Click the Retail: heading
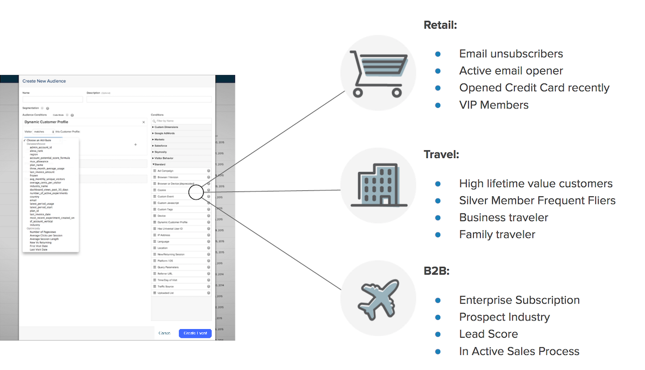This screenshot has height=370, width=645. click(440, 25)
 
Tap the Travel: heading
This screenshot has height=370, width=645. click(441, 155)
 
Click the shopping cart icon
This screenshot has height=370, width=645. click(378, 73)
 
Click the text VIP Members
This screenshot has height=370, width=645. click(494, 105)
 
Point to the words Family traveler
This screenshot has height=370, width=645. click(497, 235)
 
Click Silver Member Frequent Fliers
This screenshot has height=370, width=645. click(537, 201)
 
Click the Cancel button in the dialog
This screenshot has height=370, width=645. click(165, 333)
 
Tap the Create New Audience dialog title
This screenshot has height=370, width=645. click(44, 81)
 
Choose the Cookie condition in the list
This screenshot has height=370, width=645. click(162, 190)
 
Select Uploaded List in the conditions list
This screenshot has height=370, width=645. click(166, 293)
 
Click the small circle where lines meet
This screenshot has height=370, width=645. click(196, 191)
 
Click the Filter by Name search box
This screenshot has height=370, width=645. click(181, 121)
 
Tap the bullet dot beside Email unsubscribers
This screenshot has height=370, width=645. click(438, 54)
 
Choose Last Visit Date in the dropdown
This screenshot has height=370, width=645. click(38, 250)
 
